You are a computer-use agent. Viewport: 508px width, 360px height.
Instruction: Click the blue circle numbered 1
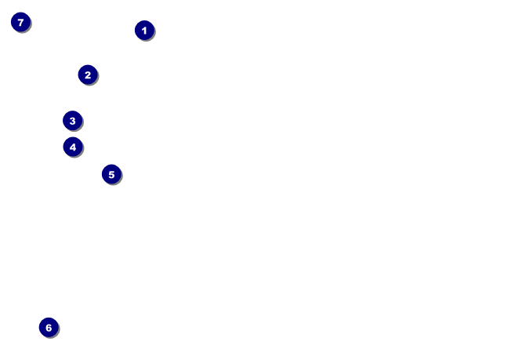click(x=144, y=31)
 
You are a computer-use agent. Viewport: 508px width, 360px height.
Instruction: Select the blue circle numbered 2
click(x=88, y=75)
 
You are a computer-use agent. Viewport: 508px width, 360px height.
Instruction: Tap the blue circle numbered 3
click(x=73, y=121)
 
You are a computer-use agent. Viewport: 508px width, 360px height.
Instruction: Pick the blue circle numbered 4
click(x=73, y=147)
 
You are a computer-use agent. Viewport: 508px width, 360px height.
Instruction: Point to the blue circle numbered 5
click(x=111, y=174)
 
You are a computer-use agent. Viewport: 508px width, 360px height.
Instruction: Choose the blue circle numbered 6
click(x=49, y=328)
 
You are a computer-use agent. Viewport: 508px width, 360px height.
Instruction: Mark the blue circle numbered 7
click(x=20, y=22)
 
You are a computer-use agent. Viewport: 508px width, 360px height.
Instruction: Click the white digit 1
click(x=144, y=31)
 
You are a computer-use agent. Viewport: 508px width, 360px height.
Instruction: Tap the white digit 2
click(x=88, y=75)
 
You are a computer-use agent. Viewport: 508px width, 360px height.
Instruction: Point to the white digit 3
click(x=73, y=121)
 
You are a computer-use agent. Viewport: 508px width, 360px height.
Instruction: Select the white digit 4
click(x=73, y=147)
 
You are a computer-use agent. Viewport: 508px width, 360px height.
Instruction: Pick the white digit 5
click(x=111, y=174)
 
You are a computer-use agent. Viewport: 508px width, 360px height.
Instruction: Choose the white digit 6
click(x=49, y=328)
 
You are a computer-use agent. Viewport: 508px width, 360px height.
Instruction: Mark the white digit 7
click(x=20, y=22)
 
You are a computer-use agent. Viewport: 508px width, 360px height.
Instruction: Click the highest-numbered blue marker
click(x=20, y=22)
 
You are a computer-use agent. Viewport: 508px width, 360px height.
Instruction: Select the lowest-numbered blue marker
click(x=144, y=31)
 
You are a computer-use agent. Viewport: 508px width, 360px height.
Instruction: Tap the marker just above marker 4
click(x=73, y=121)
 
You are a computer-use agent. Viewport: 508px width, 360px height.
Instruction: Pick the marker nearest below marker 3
click(x=73, y=147)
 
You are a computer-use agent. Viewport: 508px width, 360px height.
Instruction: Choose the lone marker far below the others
click(x=49, y=328)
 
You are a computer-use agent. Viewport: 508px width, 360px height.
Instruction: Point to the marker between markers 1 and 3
click(x=88, y=75)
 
